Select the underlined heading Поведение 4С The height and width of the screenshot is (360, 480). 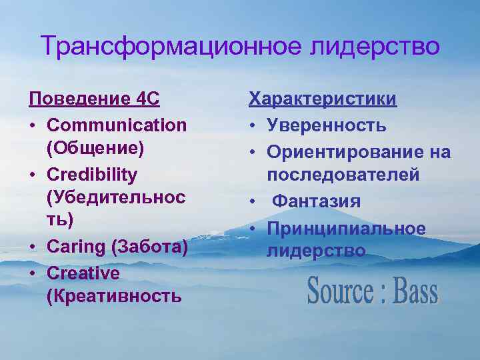pyautogui.click(x=94, y=100)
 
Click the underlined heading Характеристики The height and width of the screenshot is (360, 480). pyautogui.click(x=323, y=100)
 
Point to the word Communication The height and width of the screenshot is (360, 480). pyautogui.click(x=117, y=125)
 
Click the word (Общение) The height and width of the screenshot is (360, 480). pyautogui.click(x=95, y=149)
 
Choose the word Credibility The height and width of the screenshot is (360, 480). pyautogui.click(x=92, y=174)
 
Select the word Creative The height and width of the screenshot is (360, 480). pyautogui.click(x=83, y=272)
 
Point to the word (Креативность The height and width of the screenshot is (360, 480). pyautogui.click(x=114, y=297)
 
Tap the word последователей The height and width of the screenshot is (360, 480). pyautogui.click(x=343, y=175)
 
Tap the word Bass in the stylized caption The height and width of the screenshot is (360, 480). pyautogui.click(x=415, y=292)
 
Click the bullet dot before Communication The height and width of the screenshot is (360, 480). pyautogui.click(x=33, y=125)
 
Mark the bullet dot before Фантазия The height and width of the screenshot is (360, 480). pyautogui.click(x=253, y=201)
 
